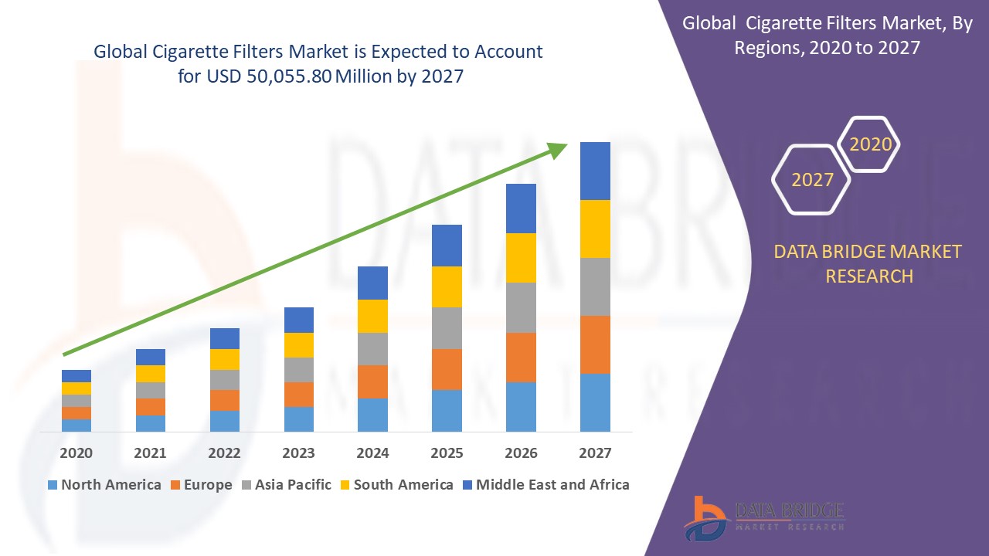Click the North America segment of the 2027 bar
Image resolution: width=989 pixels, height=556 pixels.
595,402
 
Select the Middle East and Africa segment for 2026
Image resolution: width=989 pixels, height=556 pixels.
521,208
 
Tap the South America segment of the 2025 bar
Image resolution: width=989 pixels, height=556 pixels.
447,286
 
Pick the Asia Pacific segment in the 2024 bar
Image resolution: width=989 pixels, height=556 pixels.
372,349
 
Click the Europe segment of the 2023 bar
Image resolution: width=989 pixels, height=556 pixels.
299,394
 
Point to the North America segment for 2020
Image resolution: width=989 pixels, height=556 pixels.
76,425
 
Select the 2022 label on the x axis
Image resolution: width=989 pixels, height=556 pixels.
225,453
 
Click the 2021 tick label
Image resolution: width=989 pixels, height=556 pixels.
150,453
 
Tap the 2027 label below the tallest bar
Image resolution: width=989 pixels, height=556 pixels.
595,453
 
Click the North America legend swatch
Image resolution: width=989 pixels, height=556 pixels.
53,485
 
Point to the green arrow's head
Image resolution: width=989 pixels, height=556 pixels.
558,149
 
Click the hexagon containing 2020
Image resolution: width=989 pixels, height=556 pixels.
870,144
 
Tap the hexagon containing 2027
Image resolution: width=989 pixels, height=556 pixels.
812,179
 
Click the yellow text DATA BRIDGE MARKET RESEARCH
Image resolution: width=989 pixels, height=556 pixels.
868,263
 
